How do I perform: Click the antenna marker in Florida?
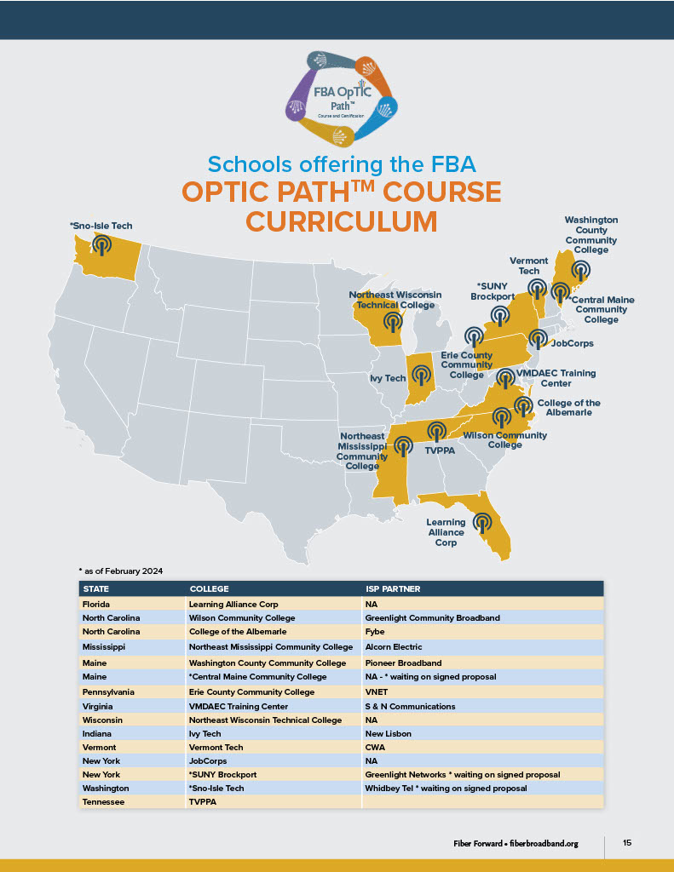click(x=482, y=520)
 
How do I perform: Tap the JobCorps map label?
click(x=573, y=344)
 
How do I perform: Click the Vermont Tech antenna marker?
click(x=536, y=288)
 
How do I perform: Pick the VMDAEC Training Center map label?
click(x=556, y=378)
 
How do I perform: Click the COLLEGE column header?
click(x=209, y=588)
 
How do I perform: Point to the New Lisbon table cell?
click(x=389, y=734)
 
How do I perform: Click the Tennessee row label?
click(x=106, y=802)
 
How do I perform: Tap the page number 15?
click(x=627, y=843)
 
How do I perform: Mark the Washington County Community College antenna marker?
click(x=580, y=270)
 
